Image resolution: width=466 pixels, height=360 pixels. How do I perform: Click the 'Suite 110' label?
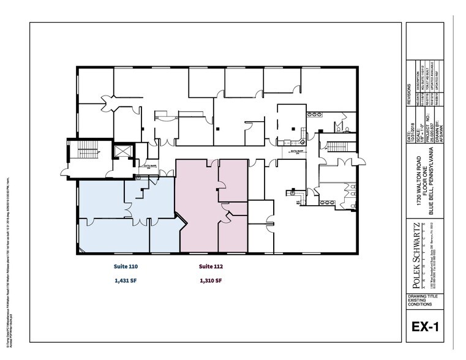click(126, 267)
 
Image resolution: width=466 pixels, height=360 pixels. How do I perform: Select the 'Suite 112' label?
click(210, 267)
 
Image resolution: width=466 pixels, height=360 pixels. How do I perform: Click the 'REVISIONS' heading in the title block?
click(410, 97)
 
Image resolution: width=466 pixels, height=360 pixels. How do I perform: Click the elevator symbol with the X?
click(123, 152)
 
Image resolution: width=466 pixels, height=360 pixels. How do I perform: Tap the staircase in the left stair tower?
click(86, 156)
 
